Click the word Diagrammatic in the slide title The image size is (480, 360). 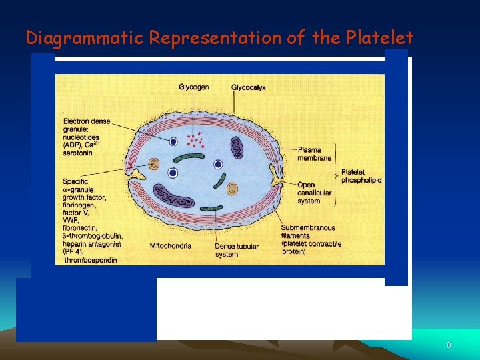[x=85, y=38]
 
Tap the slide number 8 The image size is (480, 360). [x=449, y=345]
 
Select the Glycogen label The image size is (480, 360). [x=193, y=87]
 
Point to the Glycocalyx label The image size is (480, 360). [x=249, y=87]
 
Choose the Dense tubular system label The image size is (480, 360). [x=237, y=249]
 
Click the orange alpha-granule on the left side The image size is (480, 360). [x=155, y=164]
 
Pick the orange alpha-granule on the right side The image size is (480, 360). [x=232, y=189]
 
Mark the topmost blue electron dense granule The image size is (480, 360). [x=173, y=141]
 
